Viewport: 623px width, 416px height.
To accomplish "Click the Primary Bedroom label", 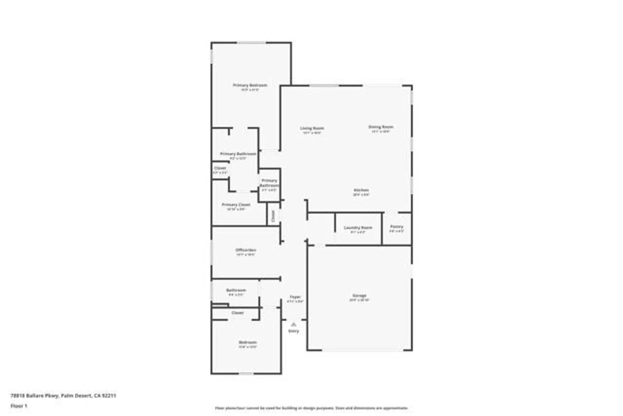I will (x=250, y=85).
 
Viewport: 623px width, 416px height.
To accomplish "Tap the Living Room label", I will (x=312, y=128).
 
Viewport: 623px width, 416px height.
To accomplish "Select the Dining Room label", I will (x=381, y=127).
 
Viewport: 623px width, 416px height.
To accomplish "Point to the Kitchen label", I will (x=361, y=190).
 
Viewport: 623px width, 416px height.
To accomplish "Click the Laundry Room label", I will (x=358, y=228).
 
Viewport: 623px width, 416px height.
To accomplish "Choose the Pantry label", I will (x=397, y=227).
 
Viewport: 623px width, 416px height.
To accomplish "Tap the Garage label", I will (x=359, y=296).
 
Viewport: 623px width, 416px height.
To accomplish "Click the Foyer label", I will (x=295, y=297).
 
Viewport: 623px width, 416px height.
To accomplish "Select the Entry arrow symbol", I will (x=293, y=325).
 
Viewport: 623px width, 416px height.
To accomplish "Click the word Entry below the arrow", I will (x=293, y=331).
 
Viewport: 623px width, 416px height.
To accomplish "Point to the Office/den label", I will (x=245, y=250).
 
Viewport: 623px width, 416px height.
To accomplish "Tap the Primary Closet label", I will (x=236, y=205).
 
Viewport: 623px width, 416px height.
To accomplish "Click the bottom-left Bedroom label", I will (x=247, y=342).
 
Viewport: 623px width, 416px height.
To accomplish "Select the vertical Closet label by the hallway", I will (x=273, y=216).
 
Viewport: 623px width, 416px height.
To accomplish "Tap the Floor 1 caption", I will (x=19, y=406).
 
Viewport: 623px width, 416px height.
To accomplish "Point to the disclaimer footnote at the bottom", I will (x=311, y=408).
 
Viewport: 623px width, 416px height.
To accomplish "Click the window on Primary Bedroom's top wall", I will (x=252, y=43).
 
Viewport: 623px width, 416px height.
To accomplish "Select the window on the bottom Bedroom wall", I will (x=246, y=374).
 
